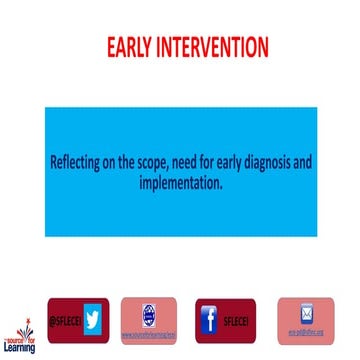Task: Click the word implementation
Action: tap(180, 186)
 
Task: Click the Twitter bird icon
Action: tap(93, 318)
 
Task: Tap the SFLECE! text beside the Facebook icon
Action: tap(236, 320)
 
